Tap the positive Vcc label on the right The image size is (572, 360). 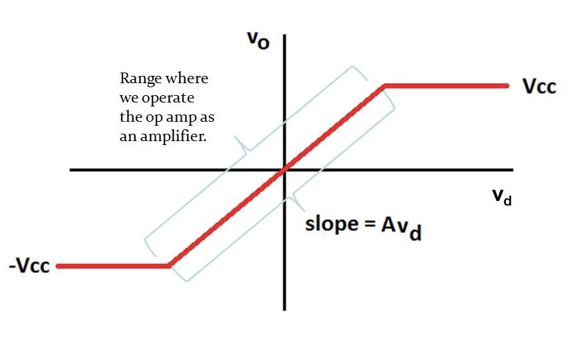click(x=539, y=87)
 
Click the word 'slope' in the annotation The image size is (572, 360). click(x=330, y=224)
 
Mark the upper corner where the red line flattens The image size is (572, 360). click(x=384, y=86)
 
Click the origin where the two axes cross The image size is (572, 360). click(x=285, y=170)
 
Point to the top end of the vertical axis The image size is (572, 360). click(x=285, y=33)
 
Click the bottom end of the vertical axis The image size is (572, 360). click(x=285, y=309)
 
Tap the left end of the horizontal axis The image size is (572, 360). click(x=71, y=170)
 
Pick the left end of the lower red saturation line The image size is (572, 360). click(x=59, y=266)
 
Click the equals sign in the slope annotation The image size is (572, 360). click(x=370, y=225)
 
